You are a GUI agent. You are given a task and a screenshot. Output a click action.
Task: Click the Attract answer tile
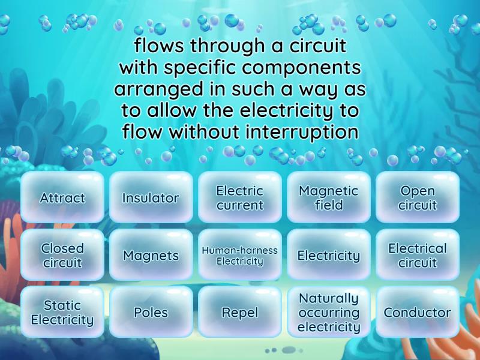tap(62, 198)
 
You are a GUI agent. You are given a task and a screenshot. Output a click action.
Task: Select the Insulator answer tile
tap(151, 198)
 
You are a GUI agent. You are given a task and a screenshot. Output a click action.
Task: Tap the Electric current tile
tap(239, 198)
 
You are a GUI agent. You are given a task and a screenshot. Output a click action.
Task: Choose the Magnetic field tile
tap(328, 198)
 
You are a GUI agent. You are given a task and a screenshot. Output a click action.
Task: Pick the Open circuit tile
tap(417, 198)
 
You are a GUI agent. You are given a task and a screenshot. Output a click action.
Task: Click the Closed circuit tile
tap(62, 255)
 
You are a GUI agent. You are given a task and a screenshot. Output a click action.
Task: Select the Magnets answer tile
tap(151, 255)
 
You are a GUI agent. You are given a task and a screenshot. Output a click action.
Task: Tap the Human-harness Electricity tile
tap(239, 255)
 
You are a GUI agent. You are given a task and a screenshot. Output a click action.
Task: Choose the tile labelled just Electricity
tap(328, 255)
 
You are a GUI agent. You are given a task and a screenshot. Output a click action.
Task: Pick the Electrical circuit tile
tap(417, 255)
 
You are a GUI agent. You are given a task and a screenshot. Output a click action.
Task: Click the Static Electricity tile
tap(62, 312)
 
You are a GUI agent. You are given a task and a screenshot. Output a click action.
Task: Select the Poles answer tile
tap(151, 312)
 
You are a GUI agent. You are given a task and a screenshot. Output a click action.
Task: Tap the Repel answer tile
tap(239, 312)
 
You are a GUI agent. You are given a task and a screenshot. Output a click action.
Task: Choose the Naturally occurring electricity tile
tap(328, 312)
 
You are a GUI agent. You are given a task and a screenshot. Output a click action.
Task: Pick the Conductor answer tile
tap(417, 312)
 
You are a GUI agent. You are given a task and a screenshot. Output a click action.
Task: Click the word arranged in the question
tap(154, 89)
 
